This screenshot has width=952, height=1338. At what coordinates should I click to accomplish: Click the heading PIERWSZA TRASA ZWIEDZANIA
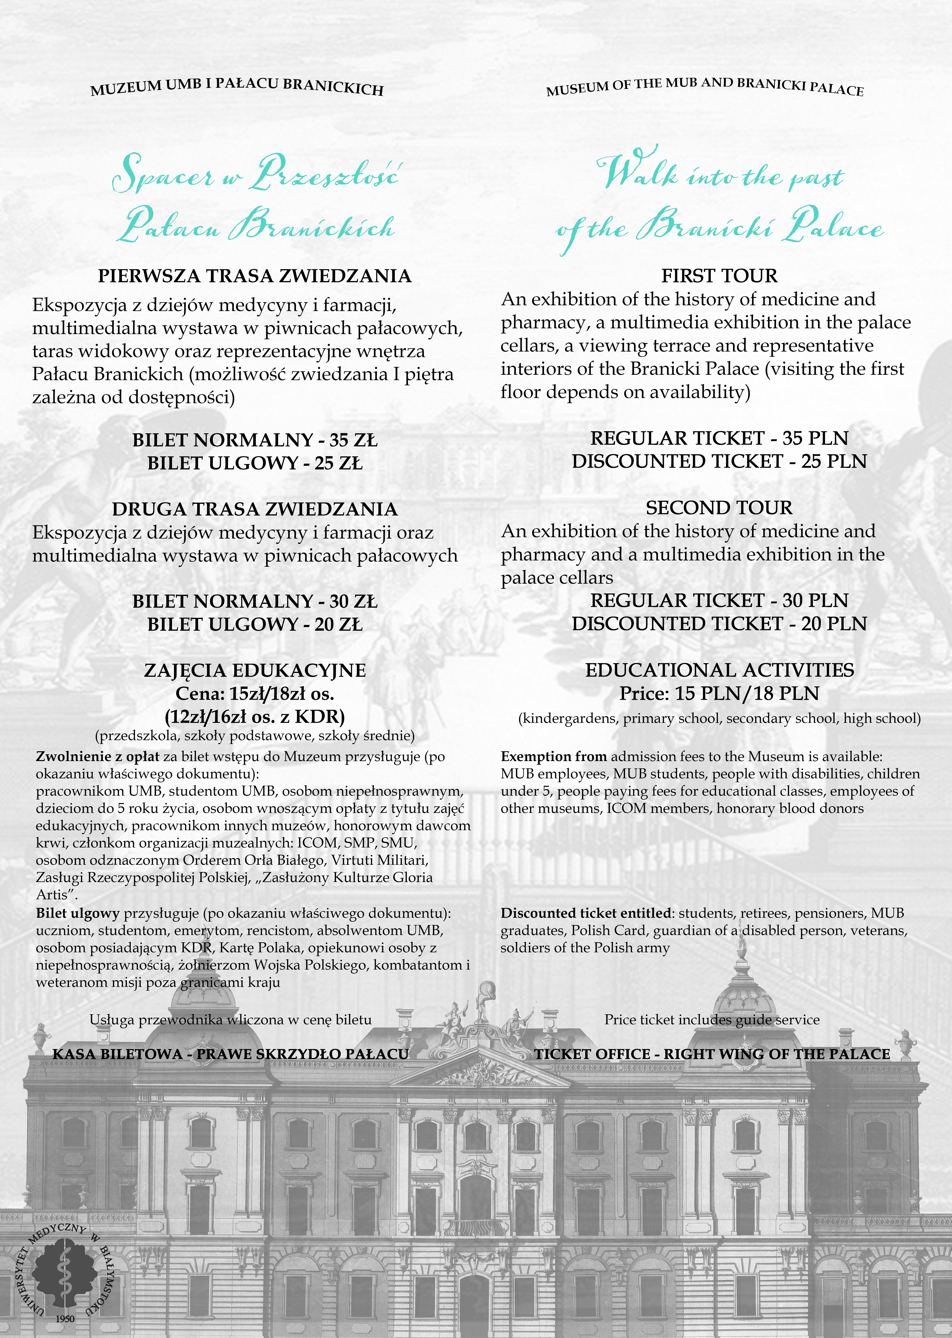[x=254, y=276]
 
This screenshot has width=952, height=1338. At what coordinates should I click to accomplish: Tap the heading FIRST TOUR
[x=719, y=276]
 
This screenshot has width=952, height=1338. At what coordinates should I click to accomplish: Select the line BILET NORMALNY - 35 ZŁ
[x=254, y=440]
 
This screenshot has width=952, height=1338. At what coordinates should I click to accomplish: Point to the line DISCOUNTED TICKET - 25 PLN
[x=719, y=461]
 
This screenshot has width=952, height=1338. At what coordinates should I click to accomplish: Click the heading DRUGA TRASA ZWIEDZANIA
[x=254, y=509]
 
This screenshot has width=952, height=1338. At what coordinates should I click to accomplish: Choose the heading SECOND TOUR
[x=719, y=508]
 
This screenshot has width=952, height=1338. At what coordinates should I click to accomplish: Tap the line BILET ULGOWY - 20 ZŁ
[x=254, y=624]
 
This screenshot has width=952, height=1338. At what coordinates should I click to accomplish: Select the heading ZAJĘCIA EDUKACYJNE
[x=254, y=670]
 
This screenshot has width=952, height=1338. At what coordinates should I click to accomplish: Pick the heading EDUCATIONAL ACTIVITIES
[x=719, y=670]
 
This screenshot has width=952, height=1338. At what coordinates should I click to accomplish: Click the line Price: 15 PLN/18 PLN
[x=719, y=694]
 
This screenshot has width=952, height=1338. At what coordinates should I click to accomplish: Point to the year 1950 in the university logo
[x=65, y=1319]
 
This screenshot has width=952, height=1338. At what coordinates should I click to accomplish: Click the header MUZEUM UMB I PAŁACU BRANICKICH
[x=237, y=87]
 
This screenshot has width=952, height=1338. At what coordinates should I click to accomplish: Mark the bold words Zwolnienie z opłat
[x=97, y=757]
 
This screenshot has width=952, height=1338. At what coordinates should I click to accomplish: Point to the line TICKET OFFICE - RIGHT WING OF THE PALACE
[x=712, y=1054]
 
